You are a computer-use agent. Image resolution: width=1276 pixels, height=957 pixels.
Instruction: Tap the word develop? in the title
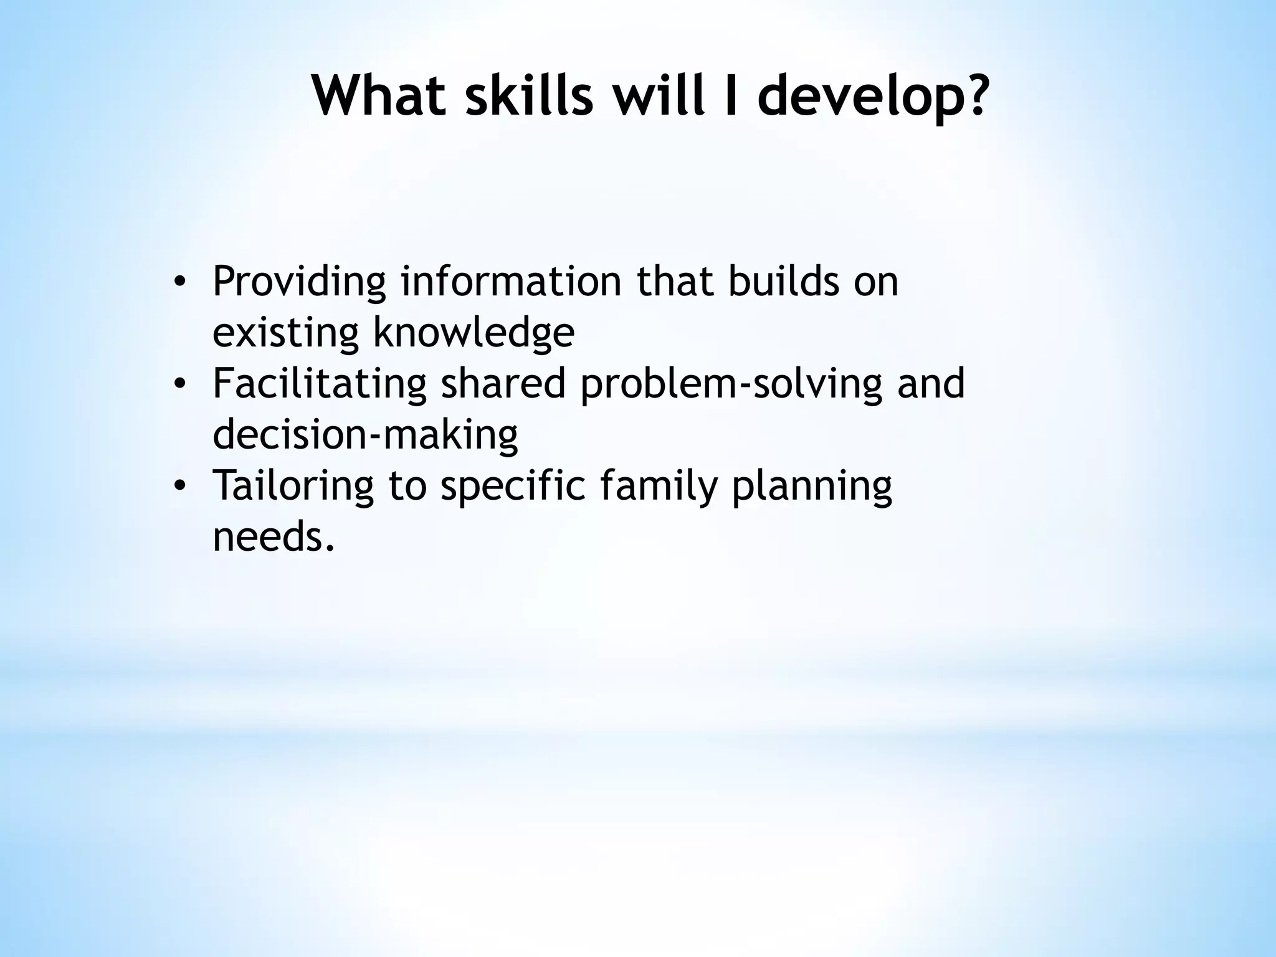872,97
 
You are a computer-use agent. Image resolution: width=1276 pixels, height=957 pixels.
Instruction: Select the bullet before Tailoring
179,485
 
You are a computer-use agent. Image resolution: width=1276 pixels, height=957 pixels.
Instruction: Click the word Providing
299,282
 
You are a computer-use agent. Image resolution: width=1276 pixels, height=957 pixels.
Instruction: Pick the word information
511,281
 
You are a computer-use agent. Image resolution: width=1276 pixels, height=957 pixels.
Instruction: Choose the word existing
285,333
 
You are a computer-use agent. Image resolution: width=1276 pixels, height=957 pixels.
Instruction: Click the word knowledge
474,333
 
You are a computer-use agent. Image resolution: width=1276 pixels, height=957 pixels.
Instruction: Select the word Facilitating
320,383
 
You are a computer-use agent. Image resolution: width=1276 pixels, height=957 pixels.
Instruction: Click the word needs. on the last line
274,536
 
